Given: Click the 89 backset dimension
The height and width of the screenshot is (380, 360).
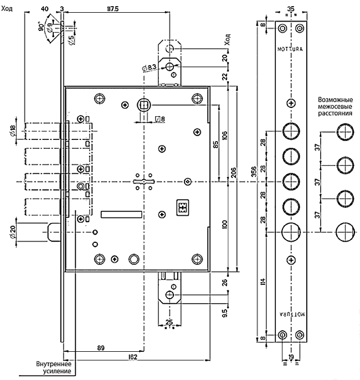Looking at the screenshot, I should (101, 347).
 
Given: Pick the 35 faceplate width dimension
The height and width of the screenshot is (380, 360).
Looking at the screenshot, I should (291, 7).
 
